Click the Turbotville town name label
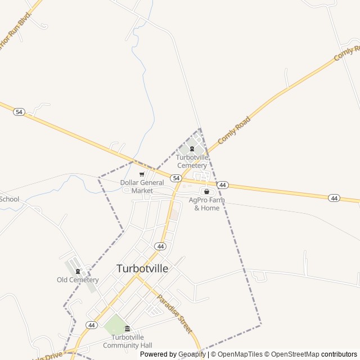click(142, 269)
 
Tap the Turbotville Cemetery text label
click(192, 161)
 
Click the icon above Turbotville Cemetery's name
click(192, 149)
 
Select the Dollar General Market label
click(142, 186)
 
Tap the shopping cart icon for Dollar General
click(142, 174)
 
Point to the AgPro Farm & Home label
click(207, 204)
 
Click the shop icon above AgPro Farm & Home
click(206, 191)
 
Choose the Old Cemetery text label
click(78, 280)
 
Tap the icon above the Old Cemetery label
click(78, 272)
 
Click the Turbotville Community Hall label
click(127, 341)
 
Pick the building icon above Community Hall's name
click(127, 329)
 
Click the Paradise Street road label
click(174, 313)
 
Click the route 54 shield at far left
click(19, 112)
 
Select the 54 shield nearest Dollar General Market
click(176, 178)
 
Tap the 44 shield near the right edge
click(334, 197)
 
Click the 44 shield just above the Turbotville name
click(161, 246)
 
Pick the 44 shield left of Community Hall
click(91, 325)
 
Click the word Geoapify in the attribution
click(192, 354)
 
